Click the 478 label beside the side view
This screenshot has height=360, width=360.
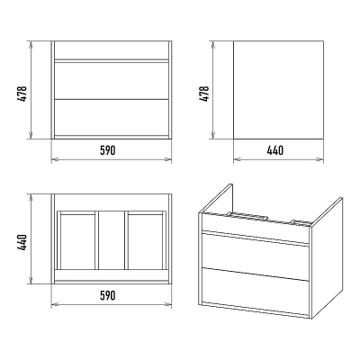coord(205,94)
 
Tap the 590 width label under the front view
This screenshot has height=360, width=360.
coord(107,150)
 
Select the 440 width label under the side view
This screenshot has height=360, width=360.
coord(275,150)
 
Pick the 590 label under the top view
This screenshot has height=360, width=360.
coord(107,295)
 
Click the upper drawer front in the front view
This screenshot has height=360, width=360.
coord(112,80)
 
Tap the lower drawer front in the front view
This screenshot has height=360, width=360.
coord(112,117)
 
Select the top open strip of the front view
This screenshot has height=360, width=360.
coord(112,49)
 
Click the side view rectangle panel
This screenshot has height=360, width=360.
coord(278,90)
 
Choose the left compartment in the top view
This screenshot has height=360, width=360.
coord(78,241)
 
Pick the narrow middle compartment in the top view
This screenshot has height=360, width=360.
coord(112,240)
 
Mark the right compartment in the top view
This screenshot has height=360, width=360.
coord(145,241)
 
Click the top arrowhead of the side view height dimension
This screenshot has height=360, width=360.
coord(212,44)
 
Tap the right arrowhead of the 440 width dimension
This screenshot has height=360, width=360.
coord(320,159)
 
